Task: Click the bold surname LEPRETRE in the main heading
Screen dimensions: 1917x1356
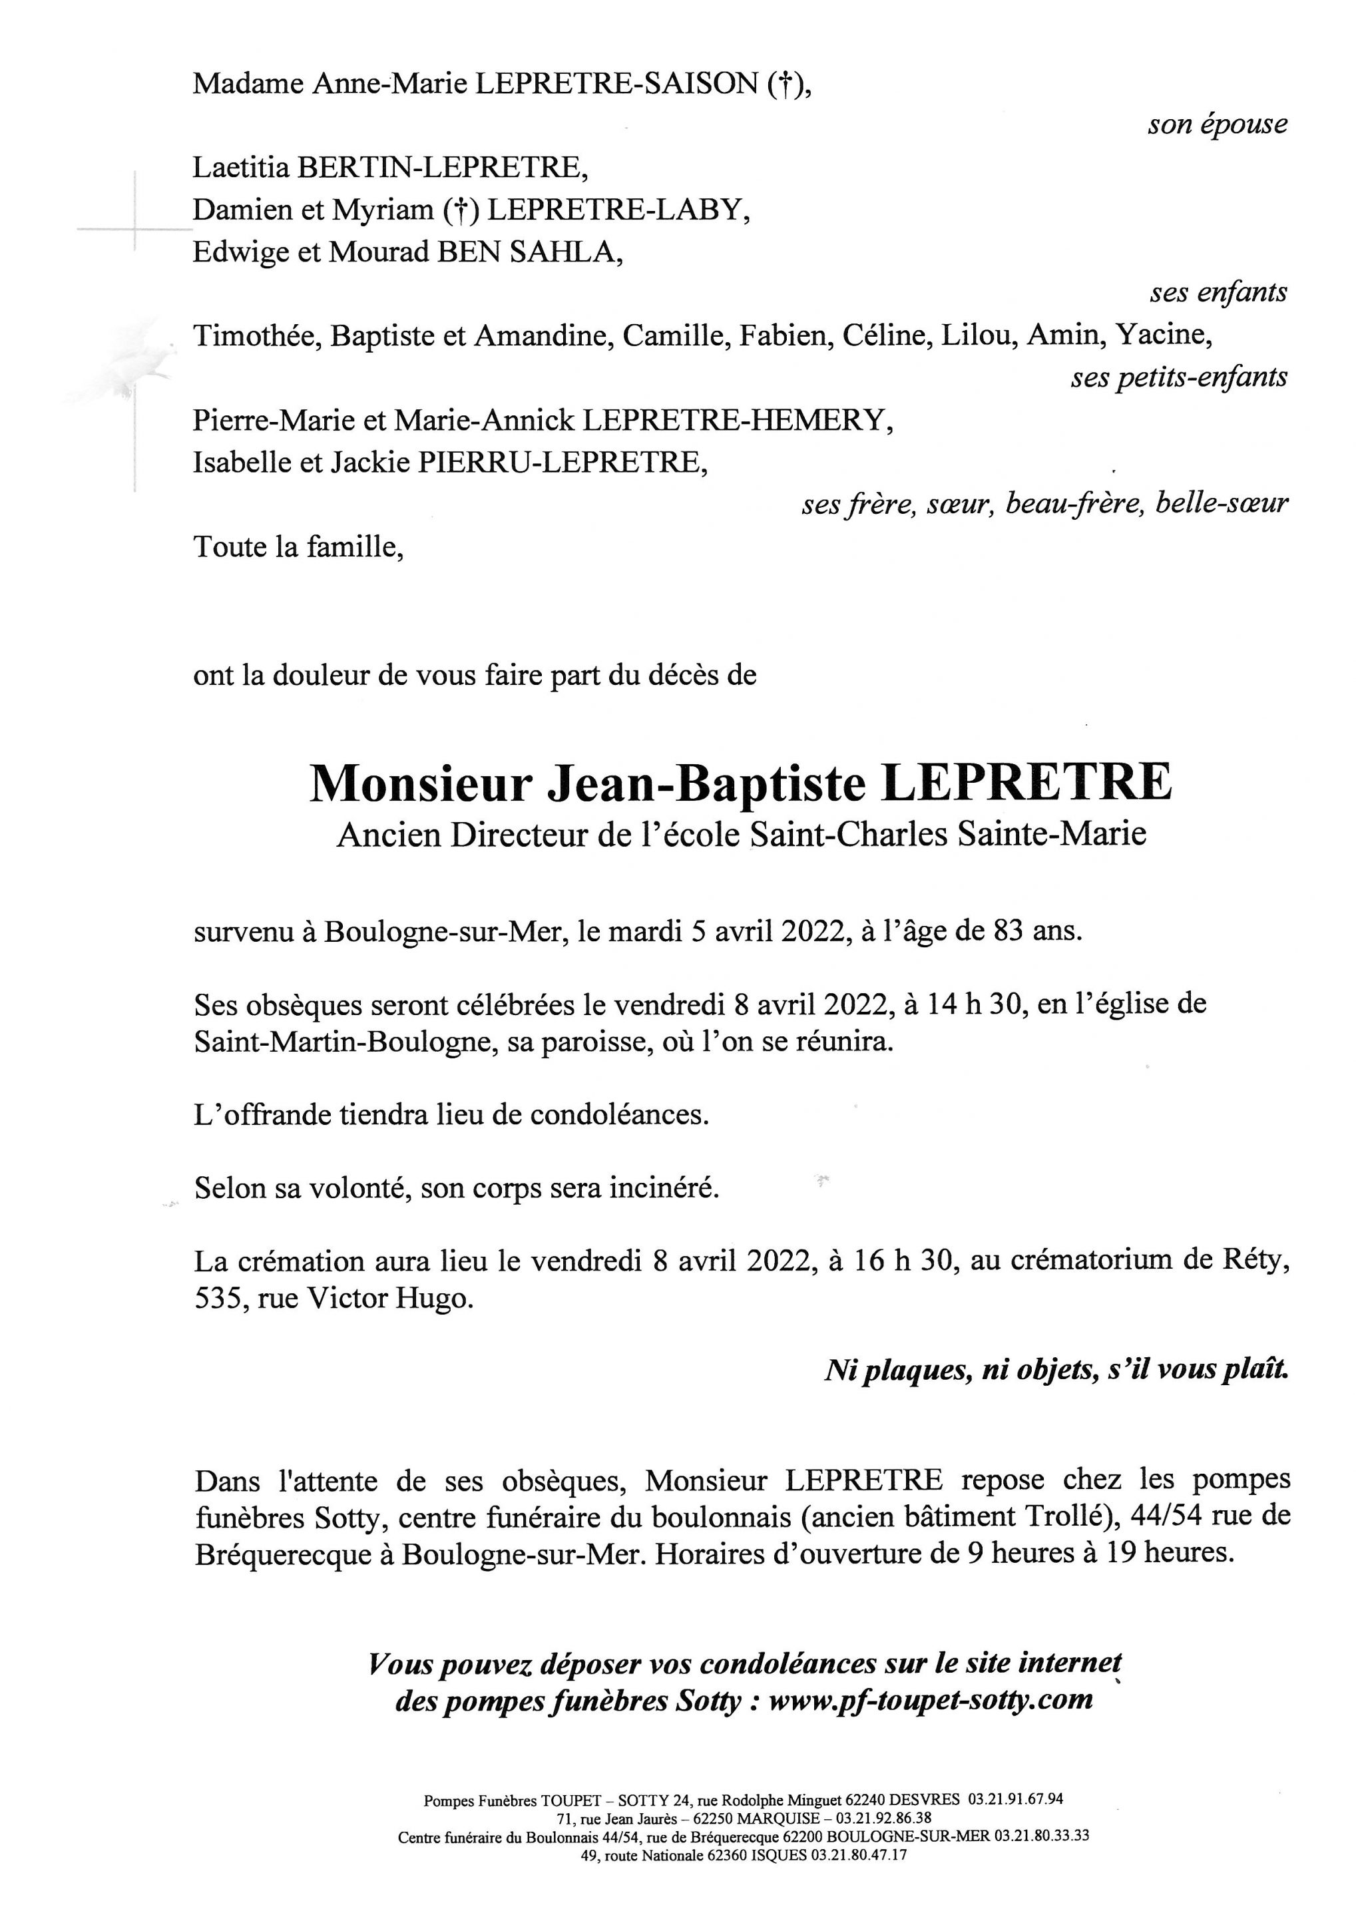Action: tap(1027, 784)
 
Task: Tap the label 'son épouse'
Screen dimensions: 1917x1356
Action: tap(1217, 125)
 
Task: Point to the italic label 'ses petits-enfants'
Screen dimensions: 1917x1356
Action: tap(1178, 378)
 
